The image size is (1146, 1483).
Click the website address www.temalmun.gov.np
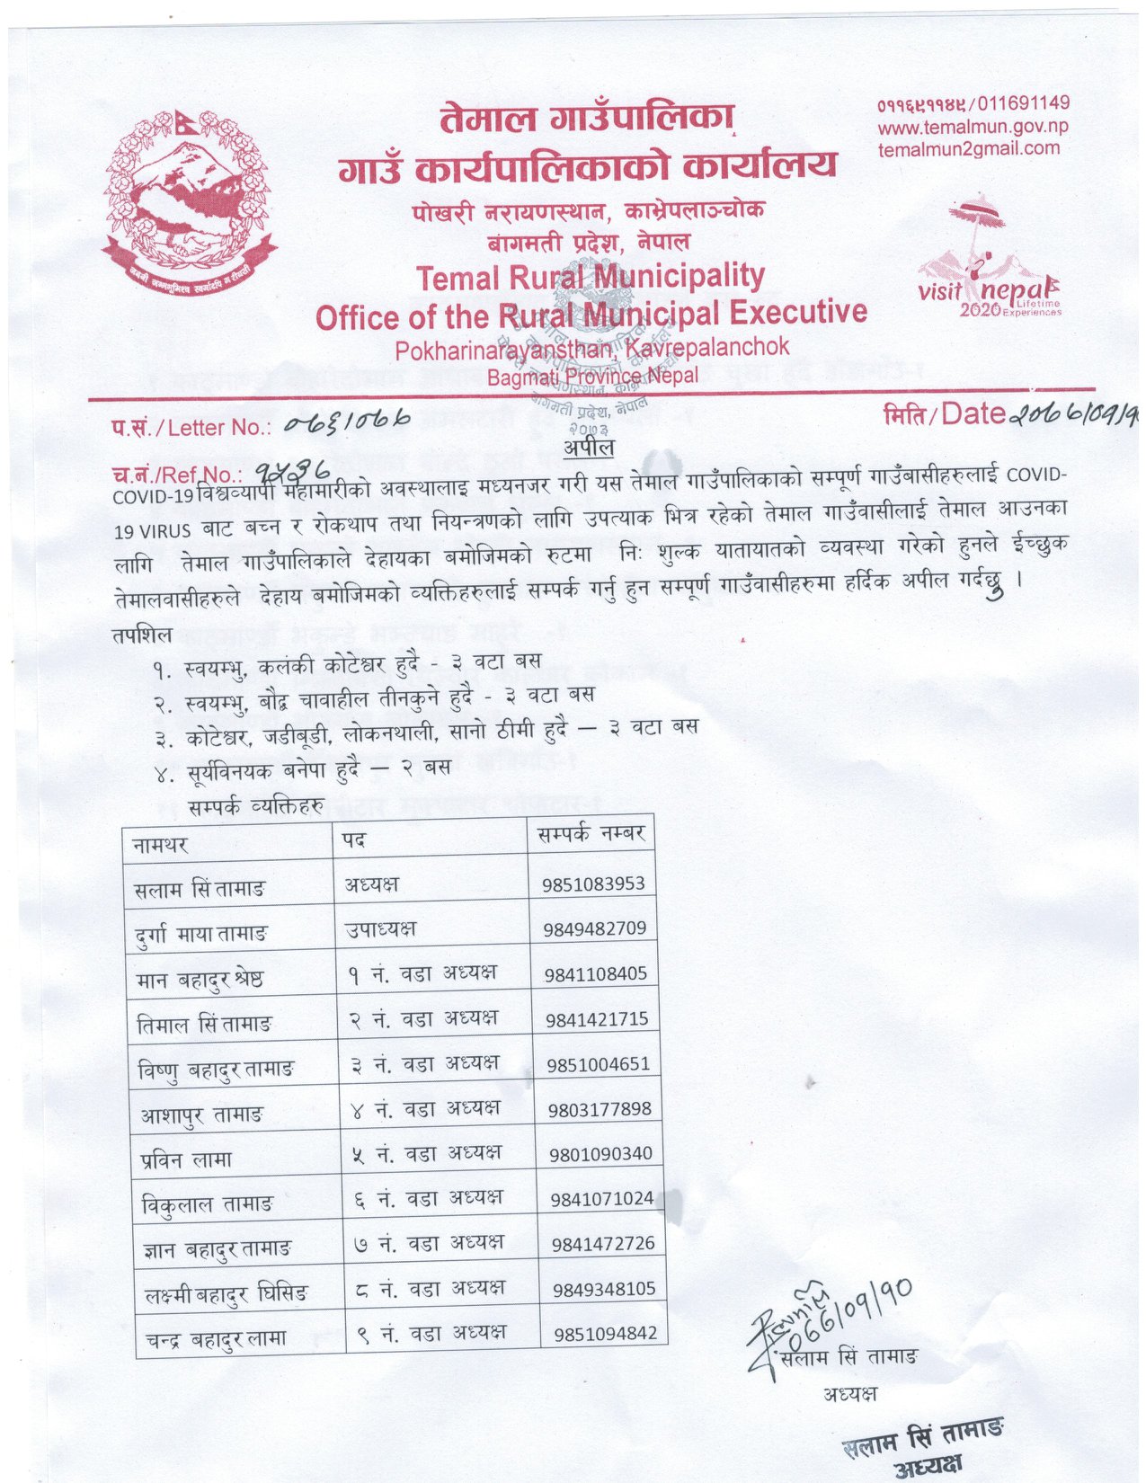pos(973,127)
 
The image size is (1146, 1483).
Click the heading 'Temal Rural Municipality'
pos(591,276)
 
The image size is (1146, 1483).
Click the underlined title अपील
pos(589,448)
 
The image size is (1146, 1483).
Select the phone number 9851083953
pos(593,884)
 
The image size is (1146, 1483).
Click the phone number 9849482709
pos(594,928)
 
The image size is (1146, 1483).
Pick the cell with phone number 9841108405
pos(595,973)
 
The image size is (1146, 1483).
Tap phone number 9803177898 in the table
pos(600,1109)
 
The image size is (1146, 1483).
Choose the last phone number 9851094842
pos(605,1334)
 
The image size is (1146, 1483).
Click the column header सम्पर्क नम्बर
pos(591,834)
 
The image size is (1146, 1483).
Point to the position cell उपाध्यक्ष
pos(380,928)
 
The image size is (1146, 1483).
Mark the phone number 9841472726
pos(603,1244)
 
